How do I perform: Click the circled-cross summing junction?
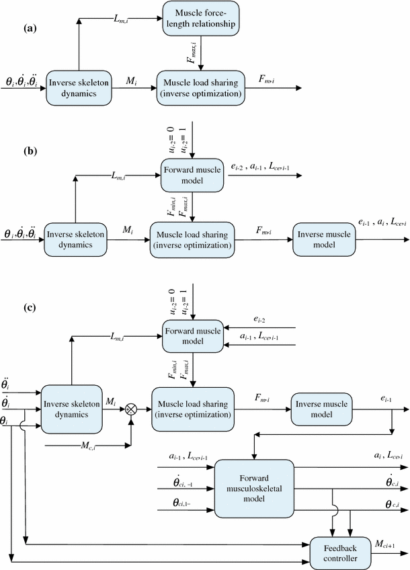point(132,408)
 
